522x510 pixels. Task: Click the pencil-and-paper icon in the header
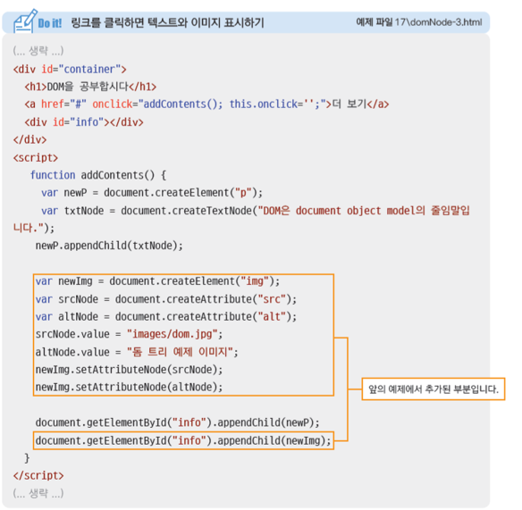click(24, 21)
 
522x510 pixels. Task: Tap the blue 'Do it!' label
click(50, 23)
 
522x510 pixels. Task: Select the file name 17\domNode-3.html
click(438, 22)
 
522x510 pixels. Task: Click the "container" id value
click(89, 69)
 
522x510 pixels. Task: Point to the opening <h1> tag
click(36, 87)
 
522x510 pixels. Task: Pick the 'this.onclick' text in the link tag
click(264, 105)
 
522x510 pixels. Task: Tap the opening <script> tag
click(36, 157)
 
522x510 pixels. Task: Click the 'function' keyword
click(53, 175)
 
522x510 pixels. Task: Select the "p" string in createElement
click(243, 193)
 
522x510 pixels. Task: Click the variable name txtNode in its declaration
click(83, 211)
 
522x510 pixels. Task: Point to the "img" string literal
click(255, 281)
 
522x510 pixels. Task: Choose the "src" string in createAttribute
click(272, 299)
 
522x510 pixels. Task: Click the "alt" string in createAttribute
click(272, 316)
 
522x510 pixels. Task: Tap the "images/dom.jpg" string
click(173, 334)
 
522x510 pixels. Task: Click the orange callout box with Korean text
click(434, 389)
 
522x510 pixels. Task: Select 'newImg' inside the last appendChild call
click(303, 441)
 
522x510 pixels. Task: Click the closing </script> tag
click(38, 475)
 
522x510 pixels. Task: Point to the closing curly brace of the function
click(27, 458)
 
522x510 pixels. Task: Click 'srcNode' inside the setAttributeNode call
click(192, 370)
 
